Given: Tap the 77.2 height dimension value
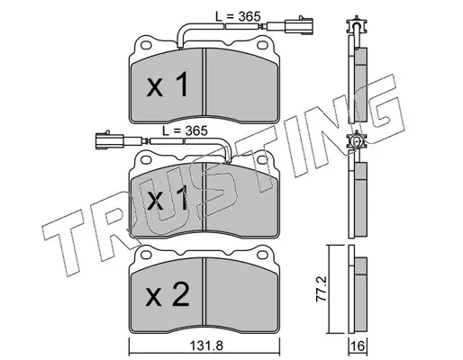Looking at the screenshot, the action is click(322, 289).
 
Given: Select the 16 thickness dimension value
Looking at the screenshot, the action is click(358, 346).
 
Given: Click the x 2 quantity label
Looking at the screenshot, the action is click(167, 294).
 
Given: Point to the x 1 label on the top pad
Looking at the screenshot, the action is click(167, 85).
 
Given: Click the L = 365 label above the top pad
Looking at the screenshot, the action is click(238, 16).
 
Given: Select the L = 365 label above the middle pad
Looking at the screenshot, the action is click(185, 130).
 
